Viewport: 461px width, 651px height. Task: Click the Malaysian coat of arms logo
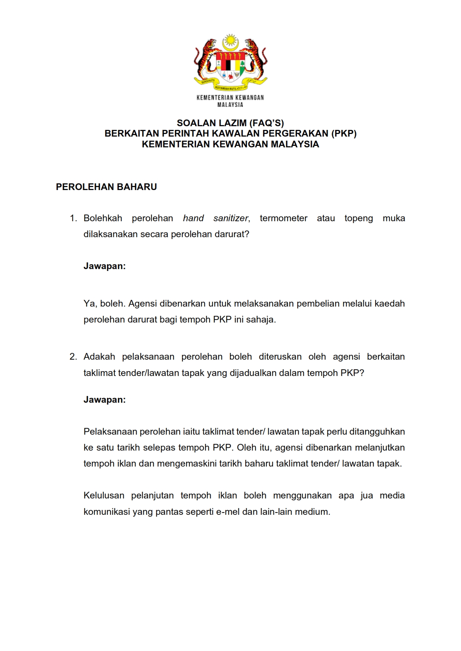[230, 63]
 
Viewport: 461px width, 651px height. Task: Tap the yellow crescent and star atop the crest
[230, 42]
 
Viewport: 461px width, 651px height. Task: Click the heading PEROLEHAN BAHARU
[106, 187]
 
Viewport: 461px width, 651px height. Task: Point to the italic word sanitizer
[231, 218]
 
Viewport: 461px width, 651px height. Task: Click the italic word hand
[193, 218]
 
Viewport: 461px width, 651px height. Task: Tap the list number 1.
[73, 218]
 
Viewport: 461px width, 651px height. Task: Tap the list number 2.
[73, 357]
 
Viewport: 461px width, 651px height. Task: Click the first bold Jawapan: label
[104, 266]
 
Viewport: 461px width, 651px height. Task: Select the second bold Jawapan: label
[104, 400]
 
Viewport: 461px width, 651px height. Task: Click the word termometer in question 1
[283, 218]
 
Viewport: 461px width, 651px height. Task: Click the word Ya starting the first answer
[89, 304]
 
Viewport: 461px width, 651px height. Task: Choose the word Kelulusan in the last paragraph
[104, 495]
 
